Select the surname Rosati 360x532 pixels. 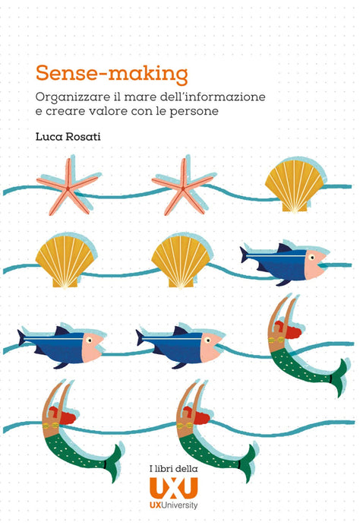click(x=83, y=136)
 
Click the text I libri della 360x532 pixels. click(x=174, y=469)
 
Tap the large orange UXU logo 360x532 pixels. click(x=174, y=488)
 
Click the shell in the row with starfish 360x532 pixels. click(x=295, y=185)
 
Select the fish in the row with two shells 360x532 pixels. click(x=284, y=263)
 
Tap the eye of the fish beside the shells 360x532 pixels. click(x=311, y=258)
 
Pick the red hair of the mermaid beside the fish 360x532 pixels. click(x=287, y=329)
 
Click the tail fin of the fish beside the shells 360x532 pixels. click(x=244, y=255)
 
